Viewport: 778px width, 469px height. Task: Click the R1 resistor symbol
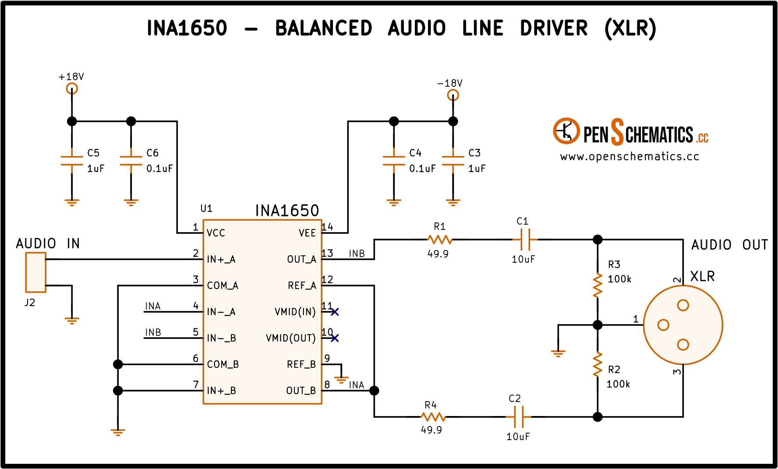click(x=439, y=240)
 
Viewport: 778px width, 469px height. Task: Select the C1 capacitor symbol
click(x=525, y=240)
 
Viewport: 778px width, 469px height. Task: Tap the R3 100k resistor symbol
click(x=598, y=286)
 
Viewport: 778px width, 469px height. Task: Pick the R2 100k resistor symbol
click(x=598, y=364)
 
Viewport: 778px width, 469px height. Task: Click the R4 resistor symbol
click(x=433, y=417)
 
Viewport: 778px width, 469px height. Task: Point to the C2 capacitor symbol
click(x=519, y=417)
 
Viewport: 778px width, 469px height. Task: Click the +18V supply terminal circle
click(x=72, y=89)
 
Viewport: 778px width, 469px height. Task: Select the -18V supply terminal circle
click(x=453, y=95)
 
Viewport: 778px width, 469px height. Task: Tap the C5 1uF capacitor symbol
click(x=72, y=161)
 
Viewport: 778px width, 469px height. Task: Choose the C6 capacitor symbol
click(x=131, y=161)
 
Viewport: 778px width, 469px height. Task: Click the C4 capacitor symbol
click(x=394, y=161)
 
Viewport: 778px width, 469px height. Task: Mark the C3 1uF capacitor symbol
click(x=453, y=161)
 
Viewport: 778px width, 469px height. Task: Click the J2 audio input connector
click(x=35, y=272)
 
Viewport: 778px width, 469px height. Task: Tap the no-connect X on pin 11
click(x=335, y=312)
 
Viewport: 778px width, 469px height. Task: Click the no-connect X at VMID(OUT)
click(x=335, y=338)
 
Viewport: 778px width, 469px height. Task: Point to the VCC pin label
click(x=216, y=233)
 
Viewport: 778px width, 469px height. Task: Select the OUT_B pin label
click(x=301, y=391)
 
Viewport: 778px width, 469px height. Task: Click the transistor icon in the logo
click(x=566, y=131)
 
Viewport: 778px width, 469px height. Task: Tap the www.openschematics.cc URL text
click(x=629, y=157)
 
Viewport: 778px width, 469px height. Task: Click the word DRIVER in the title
click(x=554, y=28)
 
